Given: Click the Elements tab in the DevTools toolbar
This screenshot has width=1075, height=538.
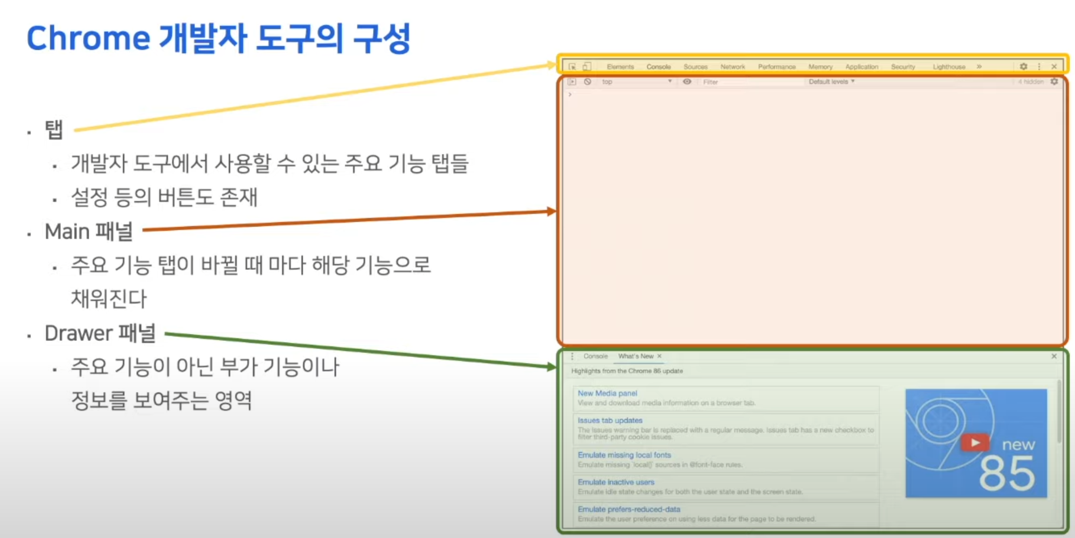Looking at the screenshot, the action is pos(620,67).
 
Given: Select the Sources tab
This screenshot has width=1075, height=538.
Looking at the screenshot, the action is pos(695,67).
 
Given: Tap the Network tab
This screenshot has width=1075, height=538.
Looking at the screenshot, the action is pos(732,67).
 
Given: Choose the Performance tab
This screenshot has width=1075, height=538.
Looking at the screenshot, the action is pos(776,67).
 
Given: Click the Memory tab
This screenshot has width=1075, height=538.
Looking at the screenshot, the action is pos(820,67).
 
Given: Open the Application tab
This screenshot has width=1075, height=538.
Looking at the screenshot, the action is pos(862,67).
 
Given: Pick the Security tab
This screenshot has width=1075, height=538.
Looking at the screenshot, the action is pos(903,67).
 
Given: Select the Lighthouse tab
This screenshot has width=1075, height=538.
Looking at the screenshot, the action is pos(949,67).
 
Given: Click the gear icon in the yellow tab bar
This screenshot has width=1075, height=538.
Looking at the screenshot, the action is pos(1024,67).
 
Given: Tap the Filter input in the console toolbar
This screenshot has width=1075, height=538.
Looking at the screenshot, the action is pos(751,82).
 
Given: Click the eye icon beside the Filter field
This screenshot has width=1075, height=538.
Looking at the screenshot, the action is pos(687,82).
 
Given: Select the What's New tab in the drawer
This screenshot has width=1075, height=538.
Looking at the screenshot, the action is pos(635,356).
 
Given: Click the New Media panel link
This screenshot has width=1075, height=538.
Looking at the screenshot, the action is pos(607,393).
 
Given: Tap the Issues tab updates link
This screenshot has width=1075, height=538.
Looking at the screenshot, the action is pos(610,421).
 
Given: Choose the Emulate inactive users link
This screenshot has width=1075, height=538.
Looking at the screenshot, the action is pos(616,482).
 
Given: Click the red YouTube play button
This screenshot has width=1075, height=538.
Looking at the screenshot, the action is pos(975,442).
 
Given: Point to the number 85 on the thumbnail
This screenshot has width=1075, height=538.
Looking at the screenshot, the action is pos(1007,474).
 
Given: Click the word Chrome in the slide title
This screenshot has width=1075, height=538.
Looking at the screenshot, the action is pos(88,38).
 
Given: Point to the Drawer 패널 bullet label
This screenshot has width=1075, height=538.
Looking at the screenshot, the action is pos(100,334).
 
